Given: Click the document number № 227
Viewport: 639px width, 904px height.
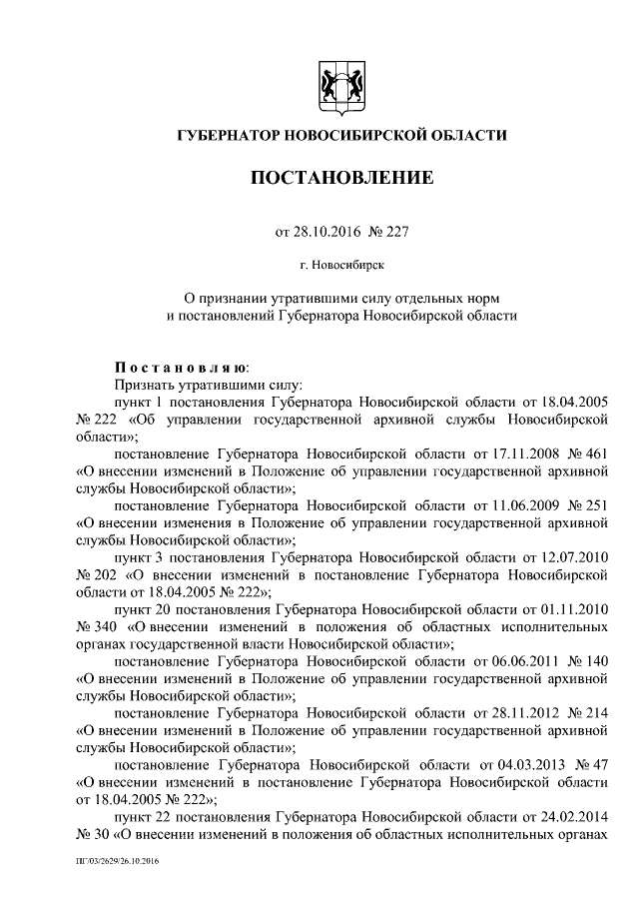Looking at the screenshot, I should tap(388, 232).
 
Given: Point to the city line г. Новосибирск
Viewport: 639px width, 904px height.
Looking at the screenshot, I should tap(341, 265).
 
